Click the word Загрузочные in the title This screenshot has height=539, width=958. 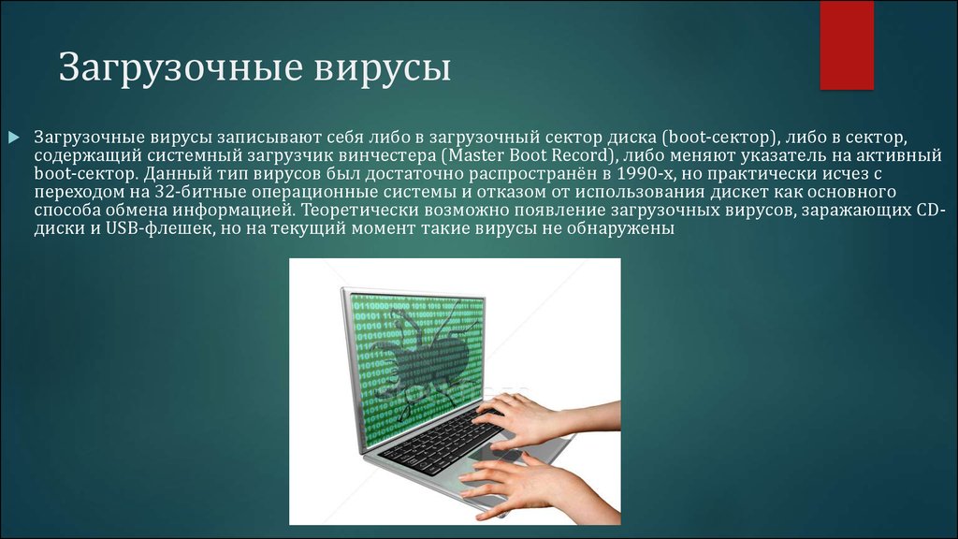[181, 68]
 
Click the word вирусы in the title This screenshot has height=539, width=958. [383, 67]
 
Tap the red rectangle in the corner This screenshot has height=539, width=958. [846, 45]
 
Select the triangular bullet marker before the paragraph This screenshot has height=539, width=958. [14, 138]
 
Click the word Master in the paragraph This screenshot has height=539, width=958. [474, 155]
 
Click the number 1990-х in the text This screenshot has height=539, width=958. [646, 173]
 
